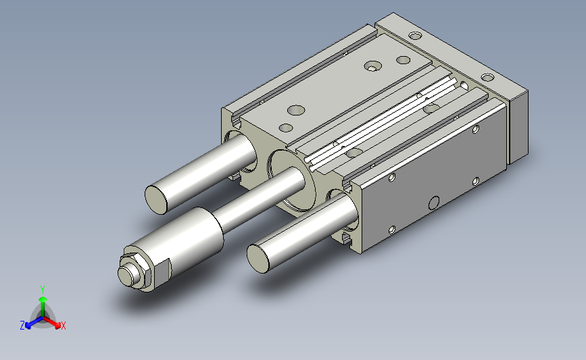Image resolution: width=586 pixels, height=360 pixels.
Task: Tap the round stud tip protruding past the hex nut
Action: (126, 275)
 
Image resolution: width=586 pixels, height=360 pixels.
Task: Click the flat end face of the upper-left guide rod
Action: (156, 200)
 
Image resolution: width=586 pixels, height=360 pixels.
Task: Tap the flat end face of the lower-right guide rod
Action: (258, 259)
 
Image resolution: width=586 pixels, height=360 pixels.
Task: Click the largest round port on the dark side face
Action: (434, 203)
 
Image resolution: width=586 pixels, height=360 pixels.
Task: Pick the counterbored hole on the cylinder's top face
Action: (372, 66)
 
